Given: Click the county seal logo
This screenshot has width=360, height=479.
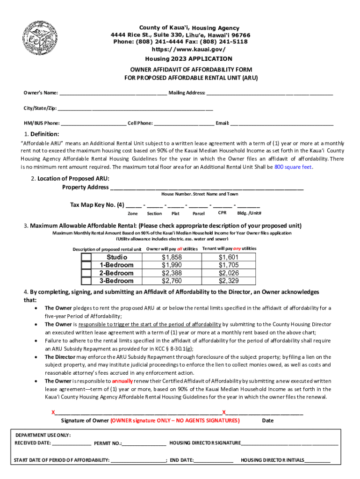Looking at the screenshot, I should coord(42,38).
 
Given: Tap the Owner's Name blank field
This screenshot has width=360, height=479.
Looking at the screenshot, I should coord(113,93).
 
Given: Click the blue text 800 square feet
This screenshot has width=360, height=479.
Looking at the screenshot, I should coord(293,167).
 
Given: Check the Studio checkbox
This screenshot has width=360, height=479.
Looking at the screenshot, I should coord(86,257).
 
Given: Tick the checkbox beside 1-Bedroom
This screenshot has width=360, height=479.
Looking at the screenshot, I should coord(86,265).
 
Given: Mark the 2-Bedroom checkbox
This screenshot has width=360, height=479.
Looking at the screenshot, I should coord(86,273).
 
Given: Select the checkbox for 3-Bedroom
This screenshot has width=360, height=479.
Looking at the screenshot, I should coord(86,281).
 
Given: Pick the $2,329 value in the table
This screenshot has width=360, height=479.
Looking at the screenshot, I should coord(229,281).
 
